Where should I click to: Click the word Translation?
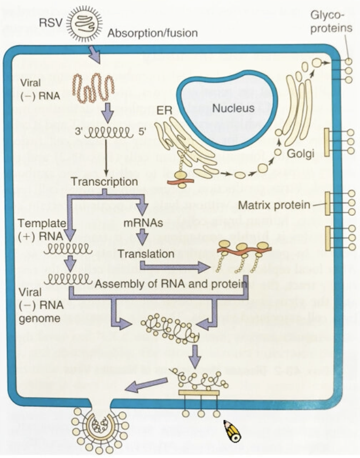coord(146,254)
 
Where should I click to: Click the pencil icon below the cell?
coord(232,431)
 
